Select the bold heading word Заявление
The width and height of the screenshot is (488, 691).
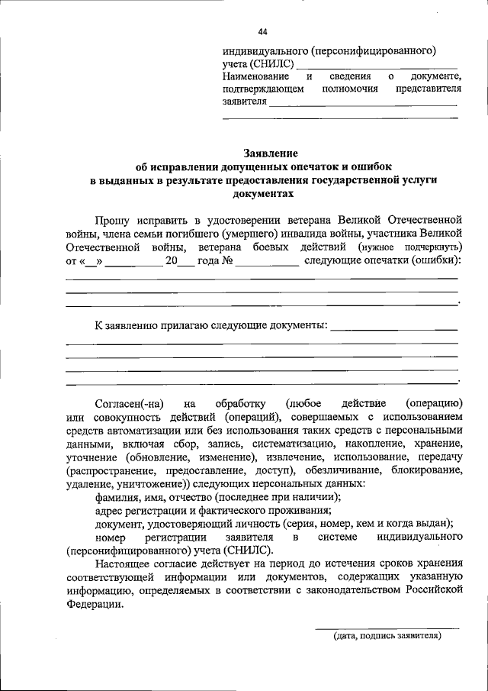270,153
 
